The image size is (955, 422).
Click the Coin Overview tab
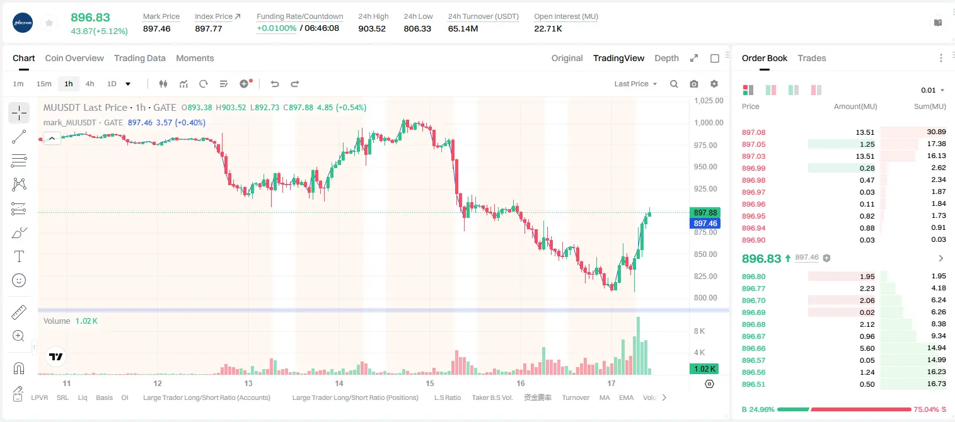(74, 58)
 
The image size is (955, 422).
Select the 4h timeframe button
(90, 84)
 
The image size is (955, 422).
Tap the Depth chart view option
(666, 58)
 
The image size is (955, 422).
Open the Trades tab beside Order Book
(812, 58)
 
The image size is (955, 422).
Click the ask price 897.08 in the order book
(753, 132)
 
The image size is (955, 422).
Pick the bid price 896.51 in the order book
(753, 384)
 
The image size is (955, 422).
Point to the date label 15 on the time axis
(430, 383)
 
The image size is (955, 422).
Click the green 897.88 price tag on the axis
(705, 212)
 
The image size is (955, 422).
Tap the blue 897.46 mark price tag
(705, 224)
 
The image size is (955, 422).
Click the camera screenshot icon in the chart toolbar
(694, 84)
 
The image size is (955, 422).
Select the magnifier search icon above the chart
(674, 84)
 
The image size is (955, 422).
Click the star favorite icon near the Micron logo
(49, 23)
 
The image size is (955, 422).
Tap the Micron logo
(23, 23)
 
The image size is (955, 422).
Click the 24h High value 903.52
(372, 28)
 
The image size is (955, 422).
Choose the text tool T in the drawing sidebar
(19, 256)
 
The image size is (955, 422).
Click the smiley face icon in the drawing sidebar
(19, 280)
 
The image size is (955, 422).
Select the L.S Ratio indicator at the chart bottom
(447, 397)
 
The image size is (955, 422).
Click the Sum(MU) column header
(930, 106)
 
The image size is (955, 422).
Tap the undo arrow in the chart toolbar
(275, 84)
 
